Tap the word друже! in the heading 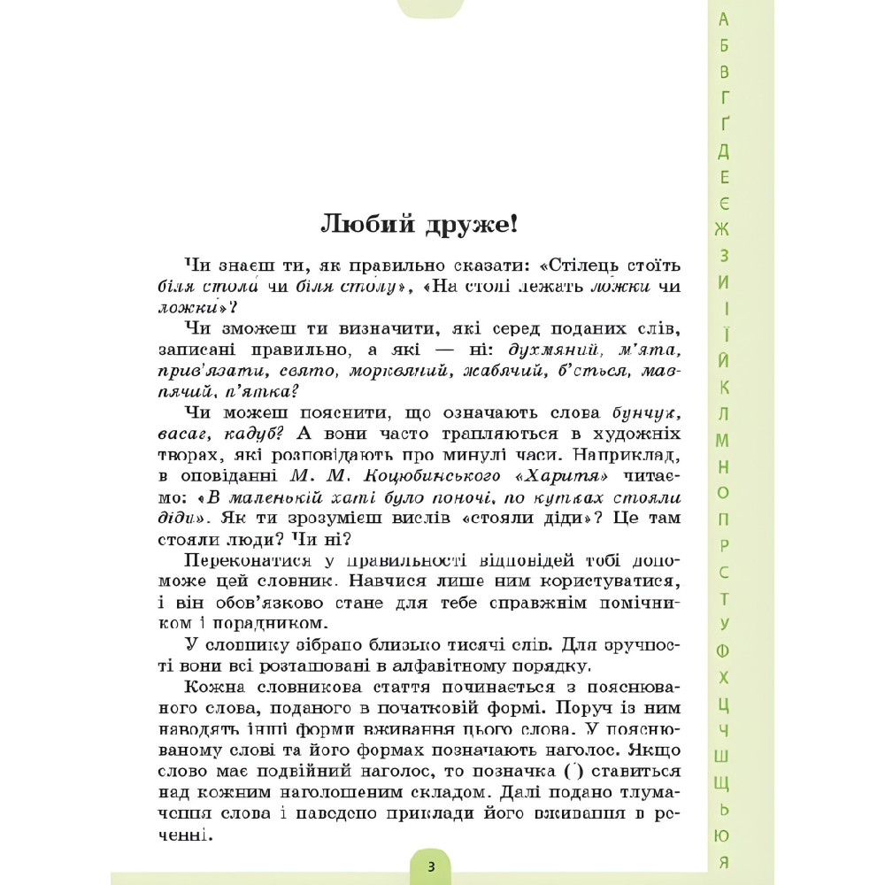coord(470,224)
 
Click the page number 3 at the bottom coord(431,866)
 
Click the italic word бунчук coord(650,413)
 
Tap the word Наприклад coord(628,456)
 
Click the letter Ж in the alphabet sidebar coord(724,229)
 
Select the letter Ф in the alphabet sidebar coord(724,650)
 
